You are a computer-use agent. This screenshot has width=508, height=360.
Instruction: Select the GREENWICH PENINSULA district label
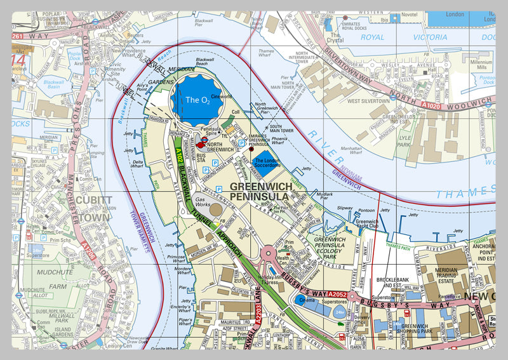pos(260,192)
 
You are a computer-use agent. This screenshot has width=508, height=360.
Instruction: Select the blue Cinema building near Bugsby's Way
pos(307,303)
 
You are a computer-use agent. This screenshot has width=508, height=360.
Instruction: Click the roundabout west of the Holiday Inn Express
pos(268,255)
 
